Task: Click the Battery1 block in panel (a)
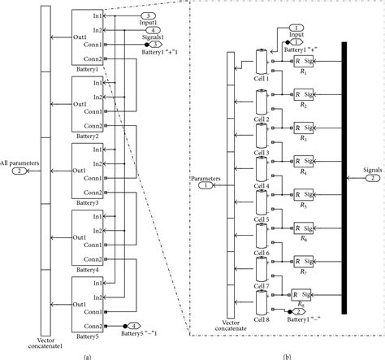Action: coord(87,37)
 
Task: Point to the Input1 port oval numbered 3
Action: coord(147,15)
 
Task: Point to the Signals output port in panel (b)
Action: coord(368,178)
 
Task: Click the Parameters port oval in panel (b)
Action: coord(205,184)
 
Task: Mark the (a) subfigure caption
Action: coord(87,355)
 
